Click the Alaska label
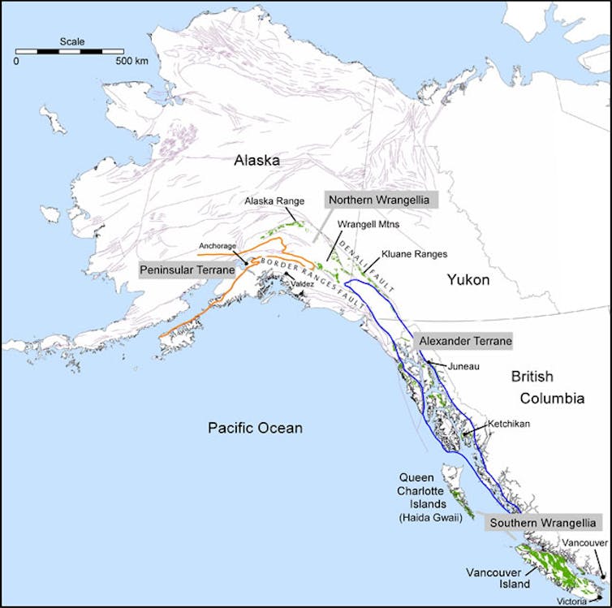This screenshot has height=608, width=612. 256,161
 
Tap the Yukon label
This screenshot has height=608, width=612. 468,280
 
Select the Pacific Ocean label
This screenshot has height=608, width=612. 254,428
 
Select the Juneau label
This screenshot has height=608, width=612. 463,367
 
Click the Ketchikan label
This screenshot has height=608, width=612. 508,424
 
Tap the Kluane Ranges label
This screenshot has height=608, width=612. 414,254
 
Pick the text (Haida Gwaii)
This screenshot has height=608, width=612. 420,517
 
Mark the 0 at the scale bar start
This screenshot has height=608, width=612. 16,61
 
